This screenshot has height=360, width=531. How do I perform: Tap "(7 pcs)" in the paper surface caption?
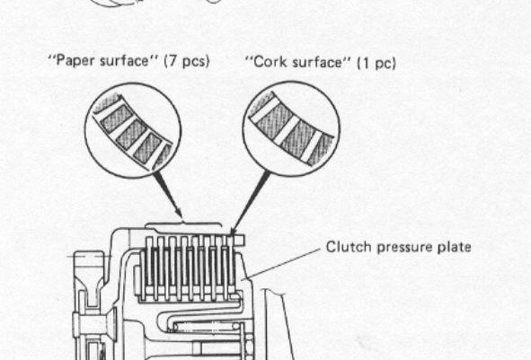tap(187, 61)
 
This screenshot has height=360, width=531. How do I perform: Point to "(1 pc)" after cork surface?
tap(376, 63)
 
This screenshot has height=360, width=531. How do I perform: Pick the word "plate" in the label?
tap(455, 247)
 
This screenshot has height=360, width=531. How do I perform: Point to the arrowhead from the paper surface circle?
tap(179, 214)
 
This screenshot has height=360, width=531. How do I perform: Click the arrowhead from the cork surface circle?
tap(234, 231)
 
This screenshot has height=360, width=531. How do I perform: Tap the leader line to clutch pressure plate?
tap(282, 264)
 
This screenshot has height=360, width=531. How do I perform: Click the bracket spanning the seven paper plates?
tap(183, 224)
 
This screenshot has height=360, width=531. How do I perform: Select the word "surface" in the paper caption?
tap(124, 61)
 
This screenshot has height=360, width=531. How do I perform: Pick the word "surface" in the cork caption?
tap(317, 62)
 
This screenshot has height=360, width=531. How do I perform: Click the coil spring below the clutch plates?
tap(208, 327)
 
